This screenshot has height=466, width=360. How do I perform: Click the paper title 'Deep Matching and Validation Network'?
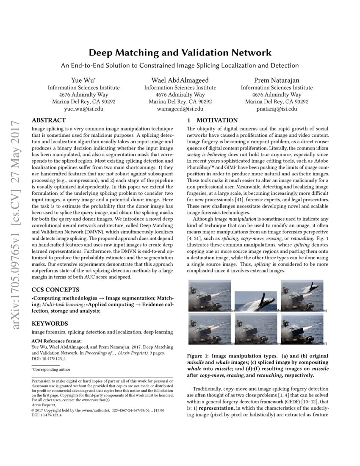tap(180, 53)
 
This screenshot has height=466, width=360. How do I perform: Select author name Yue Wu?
tap(83, 80)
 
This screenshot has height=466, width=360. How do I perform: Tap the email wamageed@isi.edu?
tap(180, 109)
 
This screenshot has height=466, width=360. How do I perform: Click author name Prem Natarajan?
tap(277, 80)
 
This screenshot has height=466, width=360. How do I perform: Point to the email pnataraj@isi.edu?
tap(277, 109)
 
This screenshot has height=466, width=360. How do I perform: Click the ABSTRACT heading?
tap(49, 120)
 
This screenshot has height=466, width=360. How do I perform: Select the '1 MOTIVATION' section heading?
tap(213, 120)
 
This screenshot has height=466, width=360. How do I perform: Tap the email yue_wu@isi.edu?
tap(83, 109)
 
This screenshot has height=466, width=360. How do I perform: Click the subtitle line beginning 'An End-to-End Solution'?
tap(180, 66)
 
